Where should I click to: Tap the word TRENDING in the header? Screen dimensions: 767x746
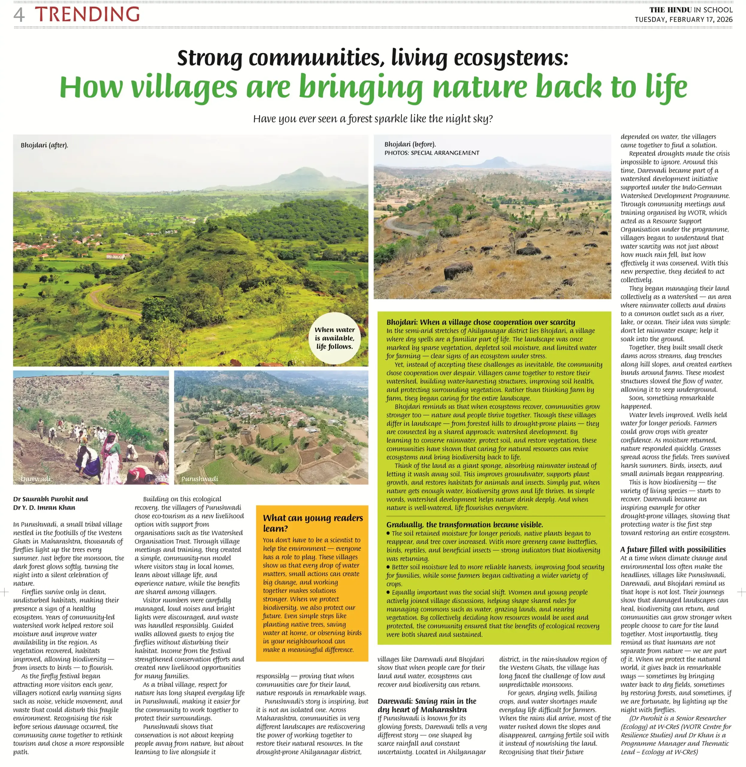tap(87, 14)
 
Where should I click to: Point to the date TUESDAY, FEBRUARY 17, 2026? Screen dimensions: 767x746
tap(683, 19)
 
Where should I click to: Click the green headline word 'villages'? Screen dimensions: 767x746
tap(184, 87)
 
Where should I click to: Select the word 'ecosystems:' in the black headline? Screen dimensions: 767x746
tap(511, 58)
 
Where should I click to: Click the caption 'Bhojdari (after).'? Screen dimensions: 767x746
tap(44, 145)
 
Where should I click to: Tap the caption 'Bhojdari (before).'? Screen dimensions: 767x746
tap(410, 144)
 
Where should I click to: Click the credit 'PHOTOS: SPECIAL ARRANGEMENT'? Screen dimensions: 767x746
tap(431, 153)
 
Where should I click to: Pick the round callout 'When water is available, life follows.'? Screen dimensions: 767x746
tap(334, 338)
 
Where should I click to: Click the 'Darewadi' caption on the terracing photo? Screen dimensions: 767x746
tap(36, 479)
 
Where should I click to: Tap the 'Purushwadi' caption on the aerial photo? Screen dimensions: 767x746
tap(200, 479)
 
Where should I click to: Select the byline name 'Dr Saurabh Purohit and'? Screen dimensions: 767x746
tap(51, 499)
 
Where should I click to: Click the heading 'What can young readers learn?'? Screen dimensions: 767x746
tap(313, 523)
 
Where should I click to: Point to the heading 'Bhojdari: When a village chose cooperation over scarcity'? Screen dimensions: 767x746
tap(480, 322)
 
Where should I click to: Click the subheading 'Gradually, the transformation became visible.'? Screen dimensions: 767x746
tap(464, 525)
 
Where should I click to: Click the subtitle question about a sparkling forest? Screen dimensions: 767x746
tap(373, 119)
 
